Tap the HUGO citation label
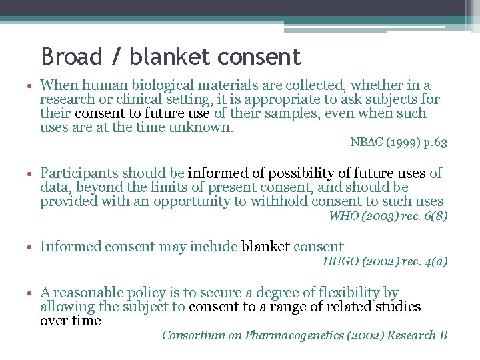click(340, 261)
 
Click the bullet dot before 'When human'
click(31, 86)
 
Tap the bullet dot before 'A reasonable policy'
click(31, 293)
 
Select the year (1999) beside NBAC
click(400, 142)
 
